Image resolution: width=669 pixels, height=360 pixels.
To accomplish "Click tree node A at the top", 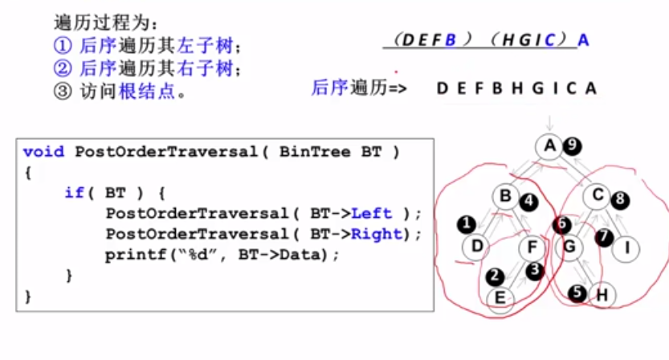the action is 549,146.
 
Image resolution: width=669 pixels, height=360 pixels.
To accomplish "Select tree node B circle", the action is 505,195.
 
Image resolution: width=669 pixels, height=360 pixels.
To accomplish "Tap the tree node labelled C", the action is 598,194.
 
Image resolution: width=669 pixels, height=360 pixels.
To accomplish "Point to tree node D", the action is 477,245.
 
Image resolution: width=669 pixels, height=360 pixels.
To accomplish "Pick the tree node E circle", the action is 500,299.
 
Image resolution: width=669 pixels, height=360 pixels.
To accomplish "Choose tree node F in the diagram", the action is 532,247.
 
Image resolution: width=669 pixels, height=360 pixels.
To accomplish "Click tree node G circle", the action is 568,247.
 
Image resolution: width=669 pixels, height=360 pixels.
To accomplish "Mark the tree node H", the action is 602,294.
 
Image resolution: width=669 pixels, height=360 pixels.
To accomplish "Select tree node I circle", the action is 626,247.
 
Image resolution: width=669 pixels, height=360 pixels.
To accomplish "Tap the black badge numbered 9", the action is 572,146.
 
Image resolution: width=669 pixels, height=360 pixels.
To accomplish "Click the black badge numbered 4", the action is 528,201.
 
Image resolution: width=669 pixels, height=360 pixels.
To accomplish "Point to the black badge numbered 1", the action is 465,223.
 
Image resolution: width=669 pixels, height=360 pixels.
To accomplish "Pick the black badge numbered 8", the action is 621,198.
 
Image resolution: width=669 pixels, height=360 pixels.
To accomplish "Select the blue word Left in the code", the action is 372,213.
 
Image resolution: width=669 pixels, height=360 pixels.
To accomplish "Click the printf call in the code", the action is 129,255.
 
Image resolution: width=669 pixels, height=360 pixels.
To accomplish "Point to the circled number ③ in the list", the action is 62,91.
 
